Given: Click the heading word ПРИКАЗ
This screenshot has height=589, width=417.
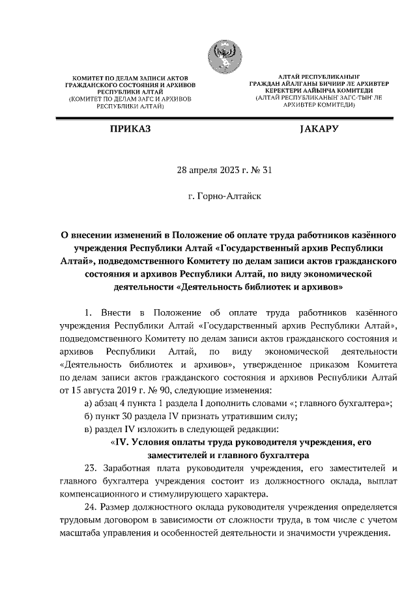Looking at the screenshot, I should (x=130, y=130).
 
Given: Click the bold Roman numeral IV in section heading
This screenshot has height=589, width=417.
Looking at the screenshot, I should (x=120, y=442).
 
